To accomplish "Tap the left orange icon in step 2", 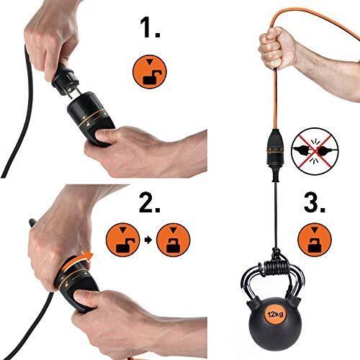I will (119, 240).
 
